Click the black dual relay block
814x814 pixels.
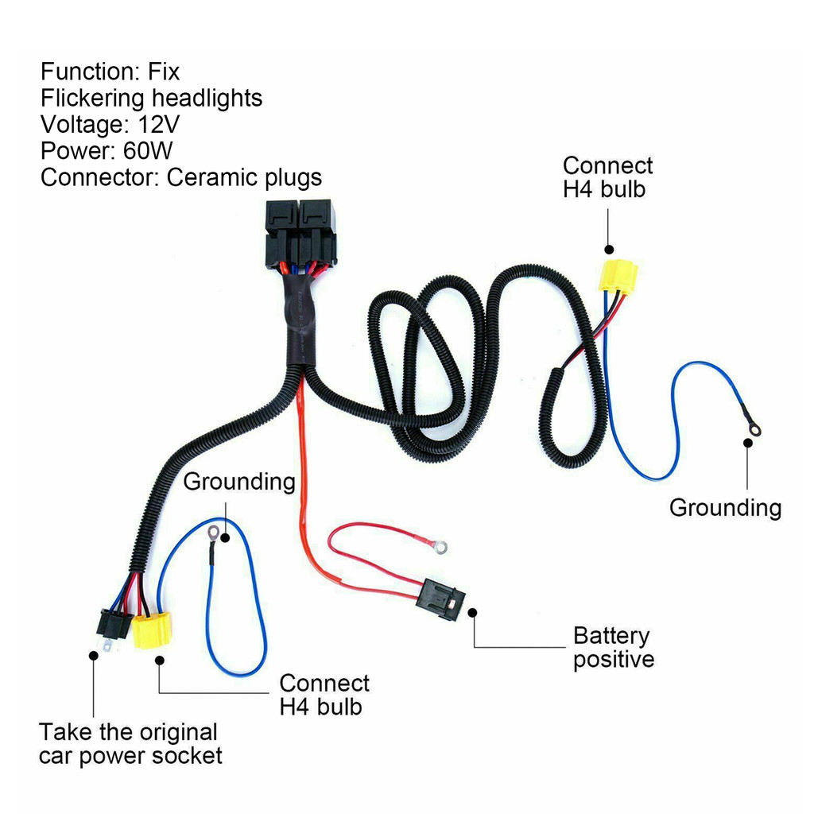point(300,234)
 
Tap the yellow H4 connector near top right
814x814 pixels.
point(617,276)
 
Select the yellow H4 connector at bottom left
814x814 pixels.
point(151,630)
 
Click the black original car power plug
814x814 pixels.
point(113,626)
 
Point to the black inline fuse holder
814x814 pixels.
point(440,598)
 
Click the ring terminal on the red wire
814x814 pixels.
point(440,546)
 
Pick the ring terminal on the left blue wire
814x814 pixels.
point(212,532)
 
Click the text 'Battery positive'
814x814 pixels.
point(614,647)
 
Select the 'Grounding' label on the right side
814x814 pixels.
point(725,507)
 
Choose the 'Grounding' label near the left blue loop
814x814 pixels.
point(239,481)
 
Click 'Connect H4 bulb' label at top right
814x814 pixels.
point(607,177)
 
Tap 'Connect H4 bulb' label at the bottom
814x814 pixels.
point(324,695)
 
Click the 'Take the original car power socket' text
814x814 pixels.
point(130,744)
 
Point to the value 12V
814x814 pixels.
point(158,125)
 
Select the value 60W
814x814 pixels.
point(148,151)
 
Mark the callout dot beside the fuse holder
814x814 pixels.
point(472,613)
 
